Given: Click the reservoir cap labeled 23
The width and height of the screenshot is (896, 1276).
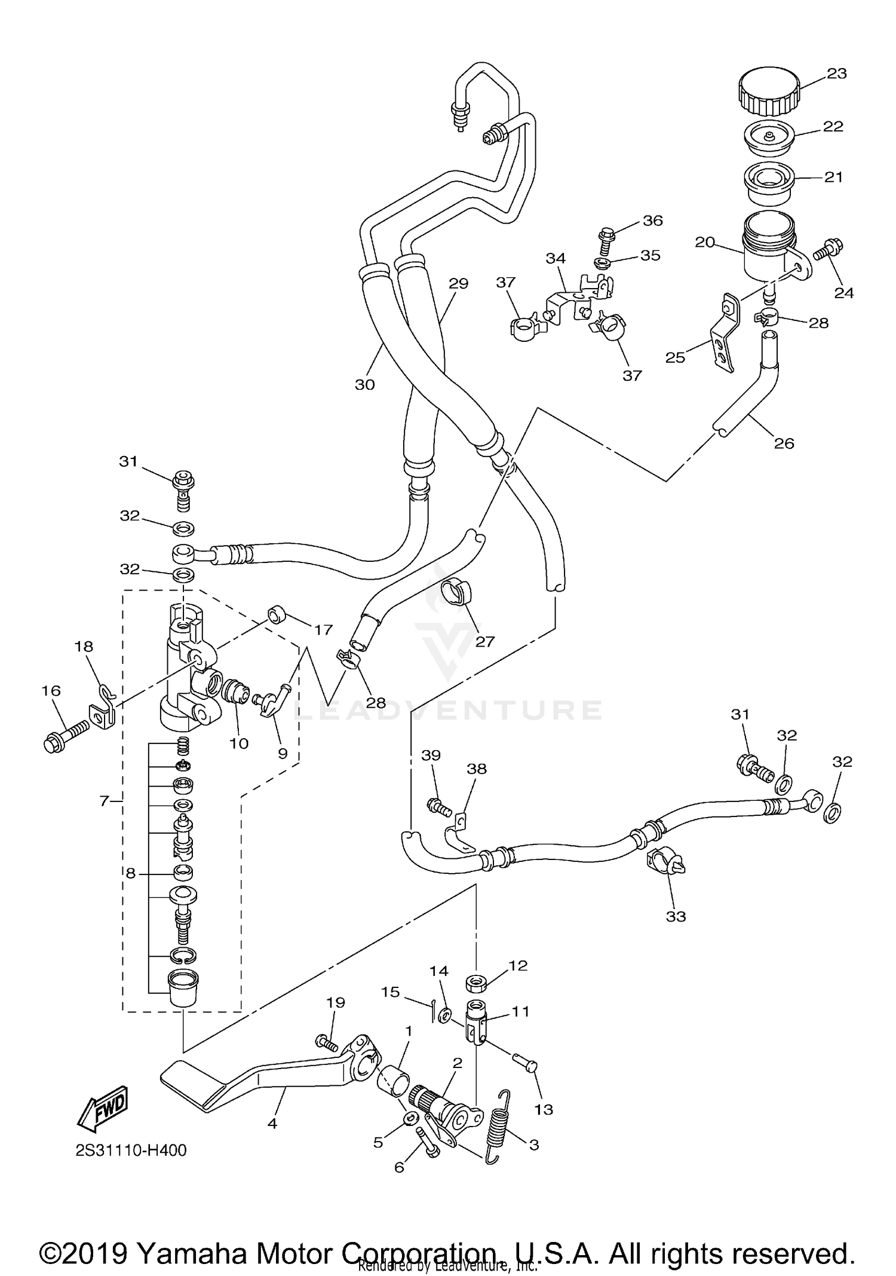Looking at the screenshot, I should click(768, 91).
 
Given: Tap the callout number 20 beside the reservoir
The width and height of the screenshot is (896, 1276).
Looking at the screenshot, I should click(705, 242).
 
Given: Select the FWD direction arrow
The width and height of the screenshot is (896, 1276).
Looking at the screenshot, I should click(103, 1106).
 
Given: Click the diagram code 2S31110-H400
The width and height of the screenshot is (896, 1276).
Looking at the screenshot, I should click(131, 1150).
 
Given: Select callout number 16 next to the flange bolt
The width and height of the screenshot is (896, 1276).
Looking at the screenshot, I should click(51, 691).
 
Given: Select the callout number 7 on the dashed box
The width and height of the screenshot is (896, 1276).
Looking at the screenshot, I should click(104, 801).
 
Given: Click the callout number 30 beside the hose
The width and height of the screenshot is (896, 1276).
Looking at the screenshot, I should click(364, 385).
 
